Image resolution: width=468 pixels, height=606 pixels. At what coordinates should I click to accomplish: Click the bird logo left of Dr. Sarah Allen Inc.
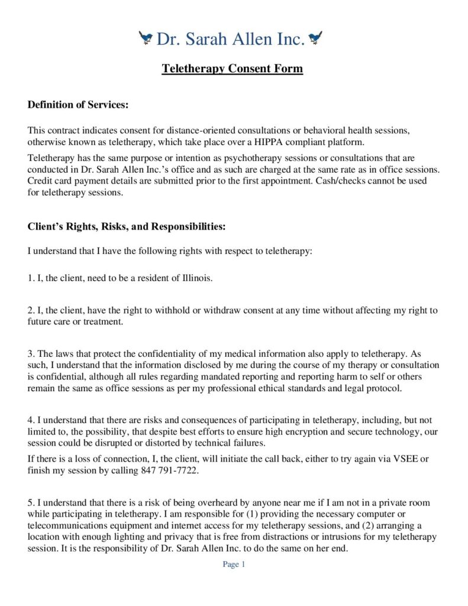click(146, 39)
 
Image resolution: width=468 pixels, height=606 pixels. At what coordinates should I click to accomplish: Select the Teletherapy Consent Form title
click(233, 69)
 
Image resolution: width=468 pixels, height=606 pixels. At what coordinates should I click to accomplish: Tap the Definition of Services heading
click(78, 105)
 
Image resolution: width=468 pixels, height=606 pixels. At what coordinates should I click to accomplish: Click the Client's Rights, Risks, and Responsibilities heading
click(126, 227)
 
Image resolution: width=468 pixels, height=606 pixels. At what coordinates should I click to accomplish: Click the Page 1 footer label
click(234, 565)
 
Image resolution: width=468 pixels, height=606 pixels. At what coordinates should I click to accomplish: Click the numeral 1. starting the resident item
click(31, 278)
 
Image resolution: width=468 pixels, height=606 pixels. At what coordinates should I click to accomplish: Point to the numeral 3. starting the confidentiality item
click(31, 354)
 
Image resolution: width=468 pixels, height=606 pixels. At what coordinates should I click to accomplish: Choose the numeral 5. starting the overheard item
click(31, 503)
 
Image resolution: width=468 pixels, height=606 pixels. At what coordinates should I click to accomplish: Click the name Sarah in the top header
click(209, 39)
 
